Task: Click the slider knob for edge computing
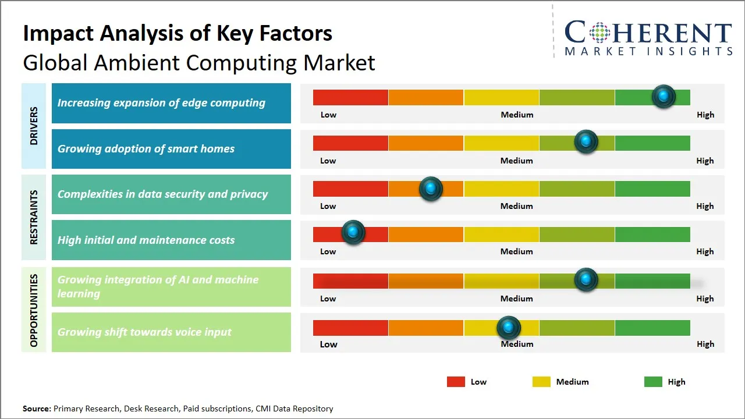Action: (x=664, y=96)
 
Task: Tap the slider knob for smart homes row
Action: (x=586, y=141)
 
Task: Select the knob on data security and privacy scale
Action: (x=431, y=189)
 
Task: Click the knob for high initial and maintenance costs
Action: (x=353, y=232)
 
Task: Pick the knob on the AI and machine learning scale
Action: (x=586, y=280)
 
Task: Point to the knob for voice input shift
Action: (x=509, y=328)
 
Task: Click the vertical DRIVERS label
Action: (x=34, y=126)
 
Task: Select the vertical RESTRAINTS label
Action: (x=34, y=217)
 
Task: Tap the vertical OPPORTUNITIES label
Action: (x=34, y=310)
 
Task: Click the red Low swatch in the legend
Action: (x=456, y=382)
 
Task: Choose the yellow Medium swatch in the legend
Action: (x=541, y=382)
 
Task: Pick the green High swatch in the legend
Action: (x=653, y=382)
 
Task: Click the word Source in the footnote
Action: (x=37, y=409)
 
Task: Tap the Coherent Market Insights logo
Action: (x=648, y=38)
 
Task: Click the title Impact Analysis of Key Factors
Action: (x=178, y=33)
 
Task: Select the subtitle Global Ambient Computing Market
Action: (x=199, y=62)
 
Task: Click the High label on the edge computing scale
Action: (x=705, y=115)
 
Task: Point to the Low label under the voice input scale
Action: (x=328, y=344)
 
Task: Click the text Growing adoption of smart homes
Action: (x=146, y=149)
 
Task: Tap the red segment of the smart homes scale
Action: (x=350, y=143)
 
